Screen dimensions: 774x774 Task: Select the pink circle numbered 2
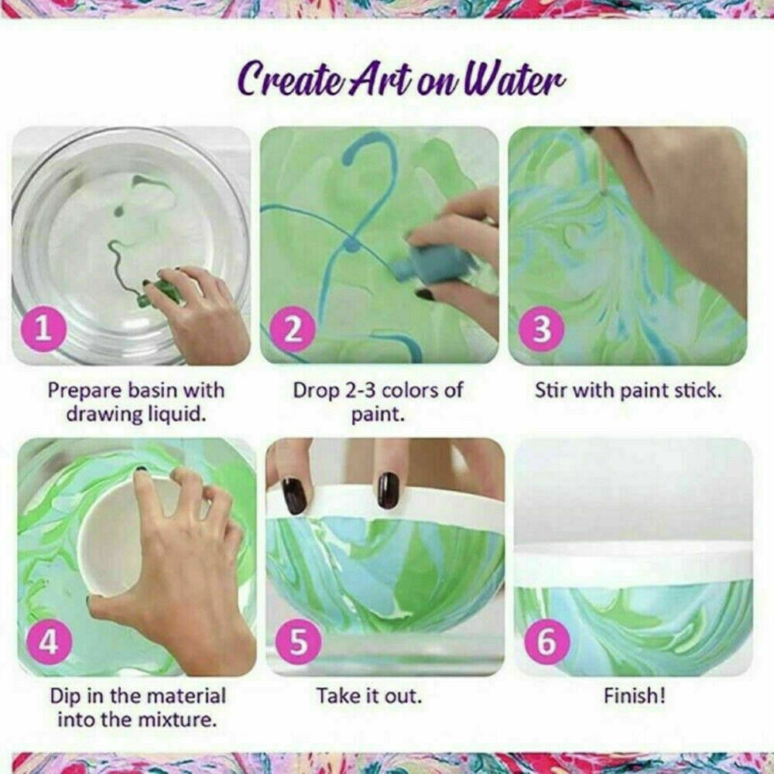(x=293, y=330)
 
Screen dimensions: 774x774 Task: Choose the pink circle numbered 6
(x=546, y=642)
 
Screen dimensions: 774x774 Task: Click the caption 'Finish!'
(x=634, y=695)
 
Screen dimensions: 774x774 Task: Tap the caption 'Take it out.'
(x=369, y=695)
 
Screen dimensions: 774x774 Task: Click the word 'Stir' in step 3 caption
(x=552, y=389)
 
